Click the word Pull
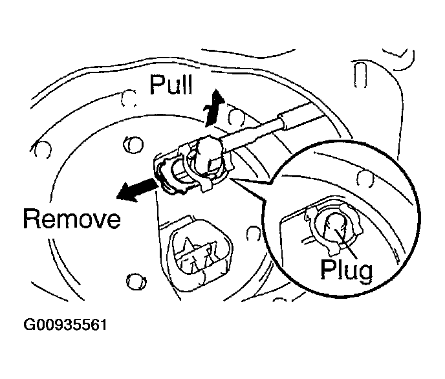173,84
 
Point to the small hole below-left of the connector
135,280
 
